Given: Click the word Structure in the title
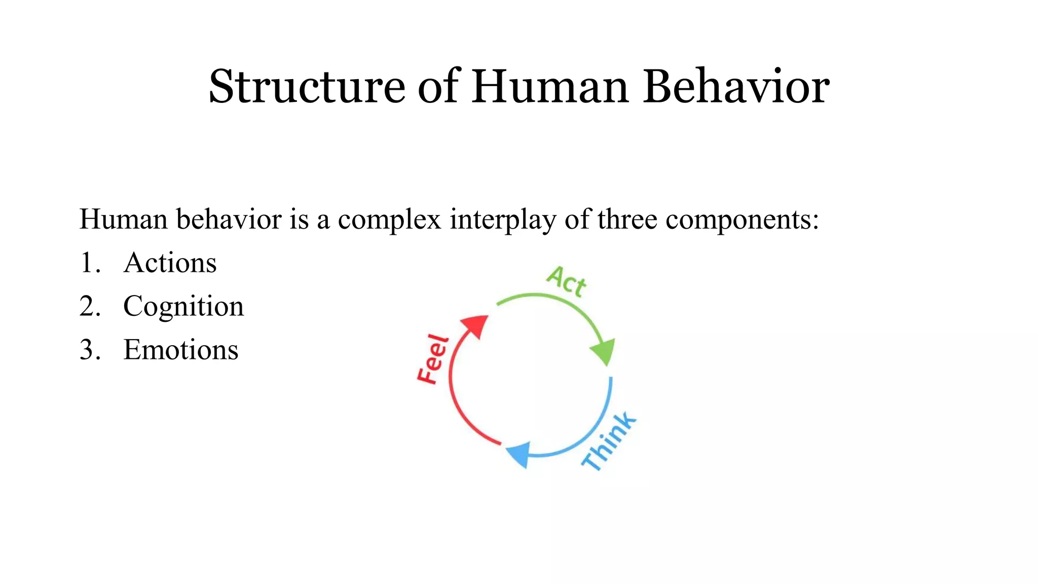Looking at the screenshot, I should (307, 87).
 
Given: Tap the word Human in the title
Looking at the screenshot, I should (550, 87).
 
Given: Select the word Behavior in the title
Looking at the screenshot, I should (736, 87).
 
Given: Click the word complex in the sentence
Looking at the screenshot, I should (389, 220).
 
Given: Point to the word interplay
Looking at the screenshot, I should (503, 220).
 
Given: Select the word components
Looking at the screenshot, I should (742, 220).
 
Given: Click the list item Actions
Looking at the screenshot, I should (170, 263).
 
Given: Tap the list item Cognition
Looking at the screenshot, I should (183, 307).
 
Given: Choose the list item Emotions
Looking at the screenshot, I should (180, 350).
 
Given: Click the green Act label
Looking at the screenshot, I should (567, 281).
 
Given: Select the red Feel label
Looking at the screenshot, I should (432, 359).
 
